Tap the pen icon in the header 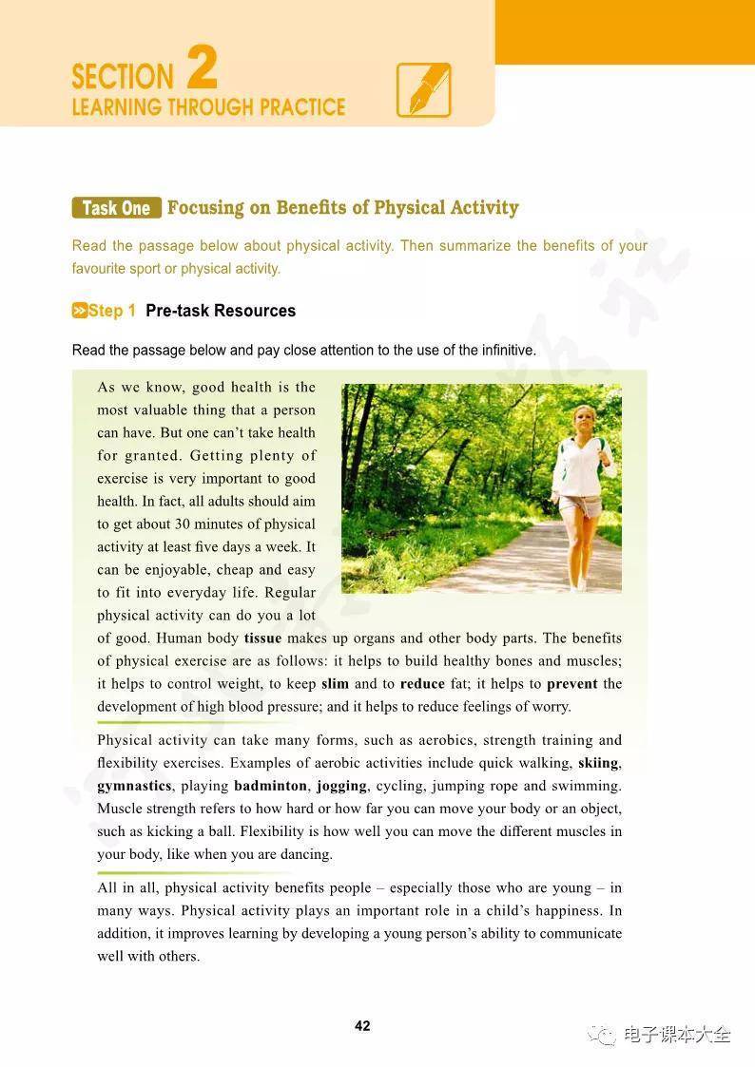pos(423,90)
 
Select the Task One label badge pos(116,208)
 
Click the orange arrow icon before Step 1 pos(80,311)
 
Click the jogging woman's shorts pos(577,505)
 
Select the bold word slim pos(335,684)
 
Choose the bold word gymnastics pos(134,786)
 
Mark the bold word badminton pos(270,786)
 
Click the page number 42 pos(362,1026)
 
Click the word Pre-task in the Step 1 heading pos(177,311)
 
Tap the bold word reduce pos(422,684)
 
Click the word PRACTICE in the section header pos(297,106)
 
